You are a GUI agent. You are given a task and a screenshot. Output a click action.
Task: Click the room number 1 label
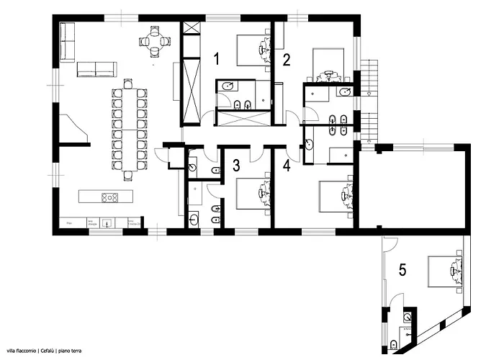pyautogui.click(x=217, y=59)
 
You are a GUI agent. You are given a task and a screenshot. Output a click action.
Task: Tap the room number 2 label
pyautogui.click(x=286, y=60)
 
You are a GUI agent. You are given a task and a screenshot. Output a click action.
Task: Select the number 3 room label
pyautogui.click(x=235, y=165)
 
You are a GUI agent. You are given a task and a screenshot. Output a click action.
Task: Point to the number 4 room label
pyautogui.click(x=287, y=166)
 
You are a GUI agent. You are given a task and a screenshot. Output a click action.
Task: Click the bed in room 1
pyautogui.click(x=250, y=49)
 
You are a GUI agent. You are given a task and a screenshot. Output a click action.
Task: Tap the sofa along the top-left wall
pyautogui.click(x=68, y=42)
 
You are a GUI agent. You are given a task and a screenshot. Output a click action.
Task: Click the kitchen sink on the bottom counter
pyautogui.click(x=107, y=222)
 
